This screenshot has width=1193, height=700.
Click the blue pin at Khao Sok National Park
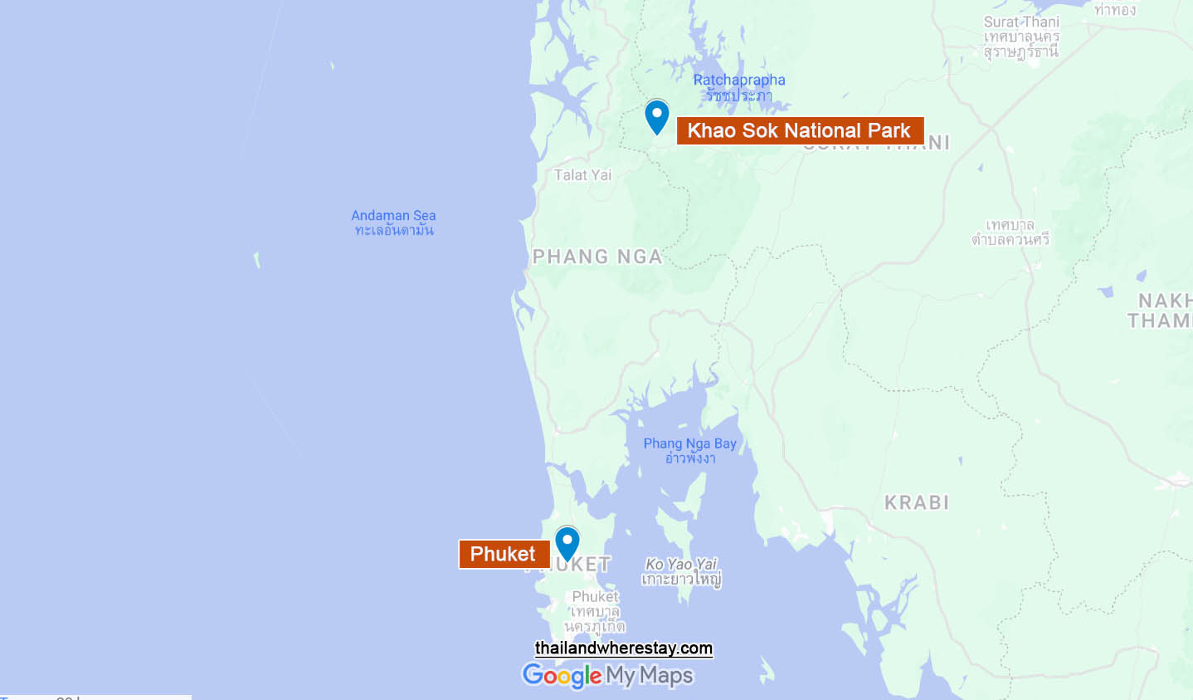(657, 116)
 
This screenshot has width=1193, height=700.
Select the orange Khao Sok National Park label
(800, 131)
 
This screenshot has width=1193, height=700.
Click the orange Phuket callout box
(504, 554)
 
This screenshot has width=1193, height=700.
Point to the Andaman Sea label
(393, 215)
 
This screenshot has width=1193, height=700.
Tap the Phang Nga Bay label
(690, 443)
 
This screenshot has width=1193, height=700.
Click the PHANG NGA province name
(597, 257)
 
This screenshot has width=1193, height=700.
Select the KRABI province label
(917, 502)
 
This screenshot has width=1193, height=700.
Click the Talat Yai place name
(582, 175)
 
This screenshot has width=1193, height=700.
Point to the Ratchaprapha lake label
(739, 80)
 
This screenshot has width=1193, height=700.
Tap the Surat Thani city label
(1021, 22)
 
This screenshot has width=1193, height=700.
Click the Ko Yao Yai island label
(681, 564)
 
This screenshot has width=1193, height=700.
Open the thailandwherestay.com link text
(624, 648)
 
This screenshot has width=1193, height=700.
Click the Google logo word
(562, 676)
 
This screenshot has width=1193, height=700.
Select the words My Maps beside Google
(650, 676)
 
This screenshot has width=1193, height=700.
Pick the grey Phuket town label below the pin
(595, 596)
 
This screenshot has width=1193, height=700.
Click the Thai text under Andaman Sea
(394, 230)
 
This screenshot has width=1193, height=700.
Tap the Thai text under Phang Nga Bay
(690, 458)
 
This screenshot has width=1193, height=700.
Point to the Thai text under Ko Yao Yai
(681, 579)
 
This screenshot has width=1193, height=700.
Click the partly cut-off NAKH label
(1164, 301)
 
